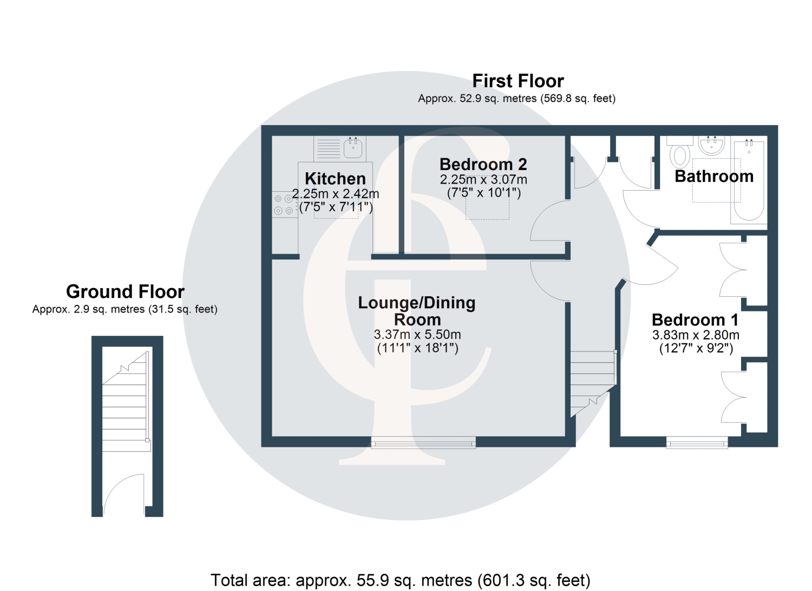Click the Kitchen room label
(x=335, y=179)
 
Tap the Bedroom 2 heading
(x=483, y=164)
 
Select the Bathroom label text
(x=714, y=176)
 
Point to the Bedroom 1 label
(x=695, y=320)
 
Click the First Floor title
(x=518, y=81)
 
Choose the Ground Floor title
(x=125, y=291)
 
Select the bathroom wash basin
(x=712, y=146)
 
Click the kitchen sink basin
(x=353, y=148)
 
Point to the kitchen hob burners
(x=284, y=205)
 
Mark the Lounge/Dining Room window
(x=423, y=443)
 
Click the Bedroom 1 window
(x=697, y=443)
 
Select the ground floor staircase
(x=126, y=401)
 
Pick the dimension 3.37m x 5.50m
(x=417, y=334)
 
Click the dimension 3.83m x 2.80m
(x=696, y=335)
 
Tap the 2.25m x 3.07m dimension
(x=483, y=179)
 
